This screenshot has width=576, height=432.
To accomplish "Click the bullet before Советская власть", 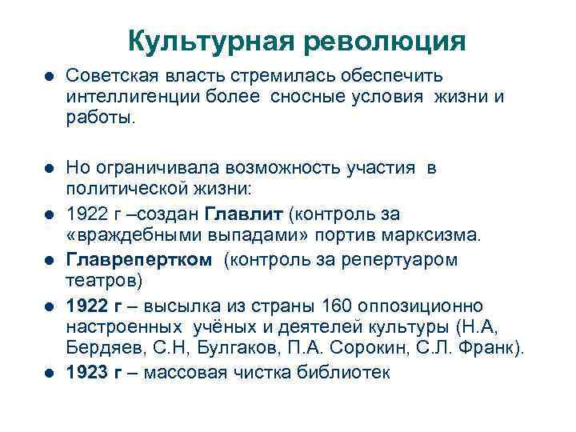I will pyautogui.click(x=49, y=76).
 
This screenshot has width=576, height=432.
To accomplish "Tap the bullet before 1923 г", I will pyautogui.click(x=49, y=373).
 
